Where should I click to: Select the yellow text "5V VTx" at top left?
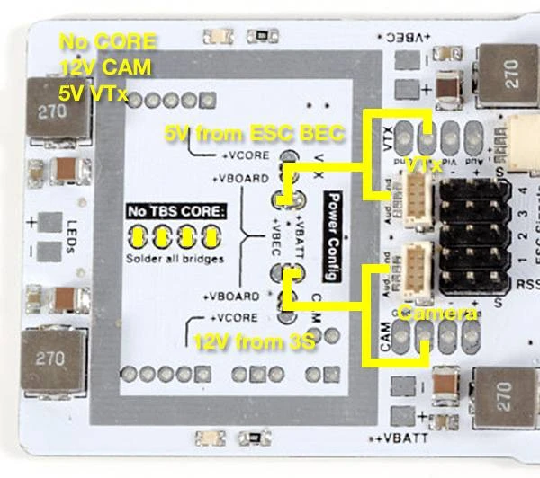[x=93, y=92]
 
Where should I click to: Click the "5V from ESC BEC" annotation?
[x=255, y=135]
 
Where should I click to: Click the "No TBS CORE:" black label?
[x=176, y=212]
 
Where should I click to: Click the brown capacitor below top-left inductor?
[x=66, y=169]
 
